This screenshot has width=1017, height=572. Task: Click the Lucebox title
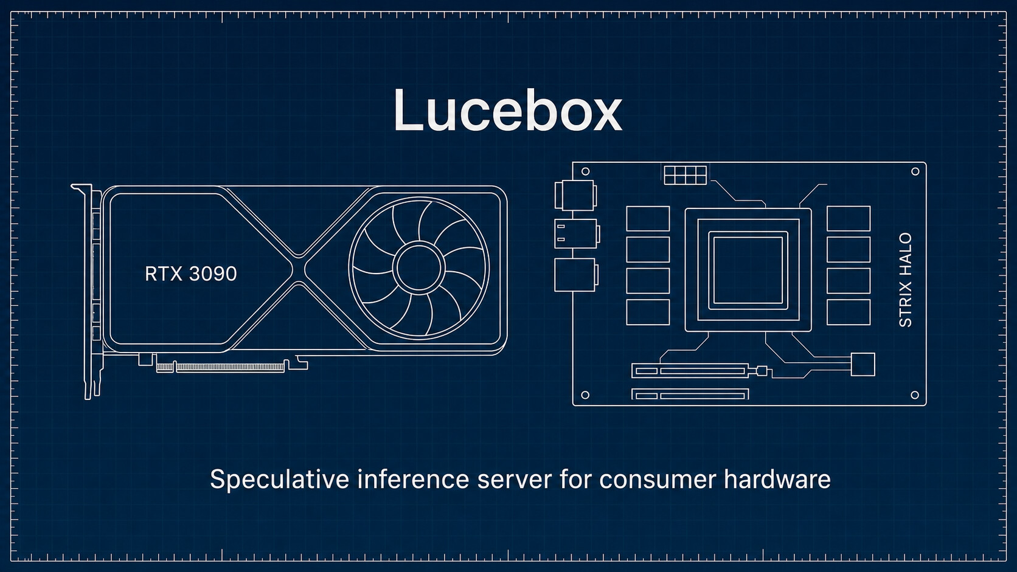tap(508, 110)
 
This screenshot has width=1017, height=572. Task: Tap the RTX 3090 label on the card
tap(191, 274)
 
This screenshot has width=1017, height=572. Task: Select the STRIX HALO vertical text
tap(905, 280)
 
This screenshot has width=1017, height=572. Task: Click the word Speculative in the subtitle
tap(279, 480)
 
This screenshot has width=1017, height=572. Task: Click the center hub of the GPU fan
tap(418, 267)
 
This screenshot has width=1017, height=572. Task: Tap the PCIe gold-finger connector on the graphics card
tap(221, 367)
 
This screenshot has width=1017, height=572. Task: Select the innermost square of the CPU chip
tap(748, 270)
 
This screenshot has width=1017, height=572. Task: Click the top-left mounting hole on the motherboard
tap(586, 171)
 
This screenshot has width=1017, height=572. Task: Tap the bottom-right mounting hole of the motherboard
tap(915, 395)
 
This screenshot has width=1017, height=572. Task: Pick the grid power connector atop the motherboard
tap(685, 175)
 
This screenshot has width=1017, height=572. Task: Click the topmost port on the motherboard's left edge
tap(575, 196)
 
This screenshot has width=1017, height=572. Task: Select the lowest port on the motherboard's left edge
tap(576, 275)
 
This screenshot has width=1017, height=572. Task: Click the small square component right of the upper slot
tap(863, 364)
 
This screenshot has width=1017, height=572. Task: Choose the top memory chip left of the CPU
tap(648, 219)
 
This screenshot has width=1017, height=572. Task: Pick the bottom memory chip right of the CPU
tap(849, 312)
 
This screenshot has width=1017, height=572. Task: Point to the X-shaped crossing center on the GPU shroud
tap(298, 270)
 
